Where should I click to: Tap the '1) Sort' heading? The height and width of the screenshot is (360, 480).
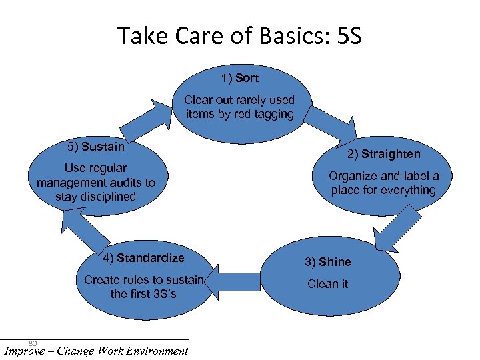point(239,78)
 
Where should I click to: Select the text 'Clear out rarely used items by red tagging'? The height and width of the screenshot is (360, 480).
point(239,107)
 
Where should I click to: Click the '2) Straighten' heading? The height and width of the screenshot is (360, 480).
point(383,154)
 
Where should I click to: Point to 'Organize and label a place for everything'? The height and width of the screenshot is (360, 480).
point(383,183)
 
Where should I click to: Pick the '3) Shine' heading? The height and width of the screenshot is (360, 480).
point(327,262)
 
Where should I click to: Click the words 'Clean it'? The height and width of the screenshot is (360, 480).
point(327,284)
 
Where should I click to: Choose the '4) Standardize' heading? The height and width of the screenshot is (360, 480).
point(143,258)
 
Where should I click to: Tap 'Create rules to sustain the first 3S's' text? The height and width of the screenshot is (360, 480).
point(143,287)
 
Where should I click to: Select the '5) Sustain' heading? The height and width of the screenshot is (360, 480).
point(96,147)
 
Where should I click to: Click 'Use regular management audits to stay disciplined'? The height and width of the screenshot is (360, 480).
point(96,182)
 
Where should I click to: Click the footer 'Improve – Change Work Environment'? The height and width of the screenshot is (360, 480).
point(96,351)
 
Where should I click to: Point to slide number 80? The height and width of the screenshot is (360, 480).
point(32,343)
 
